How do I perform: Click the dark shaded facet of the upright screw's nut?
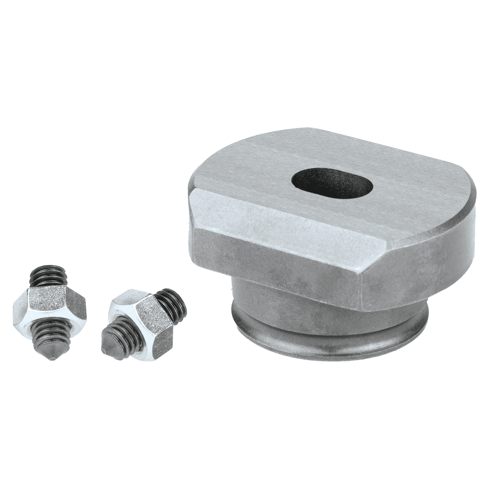pos(76,306)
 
